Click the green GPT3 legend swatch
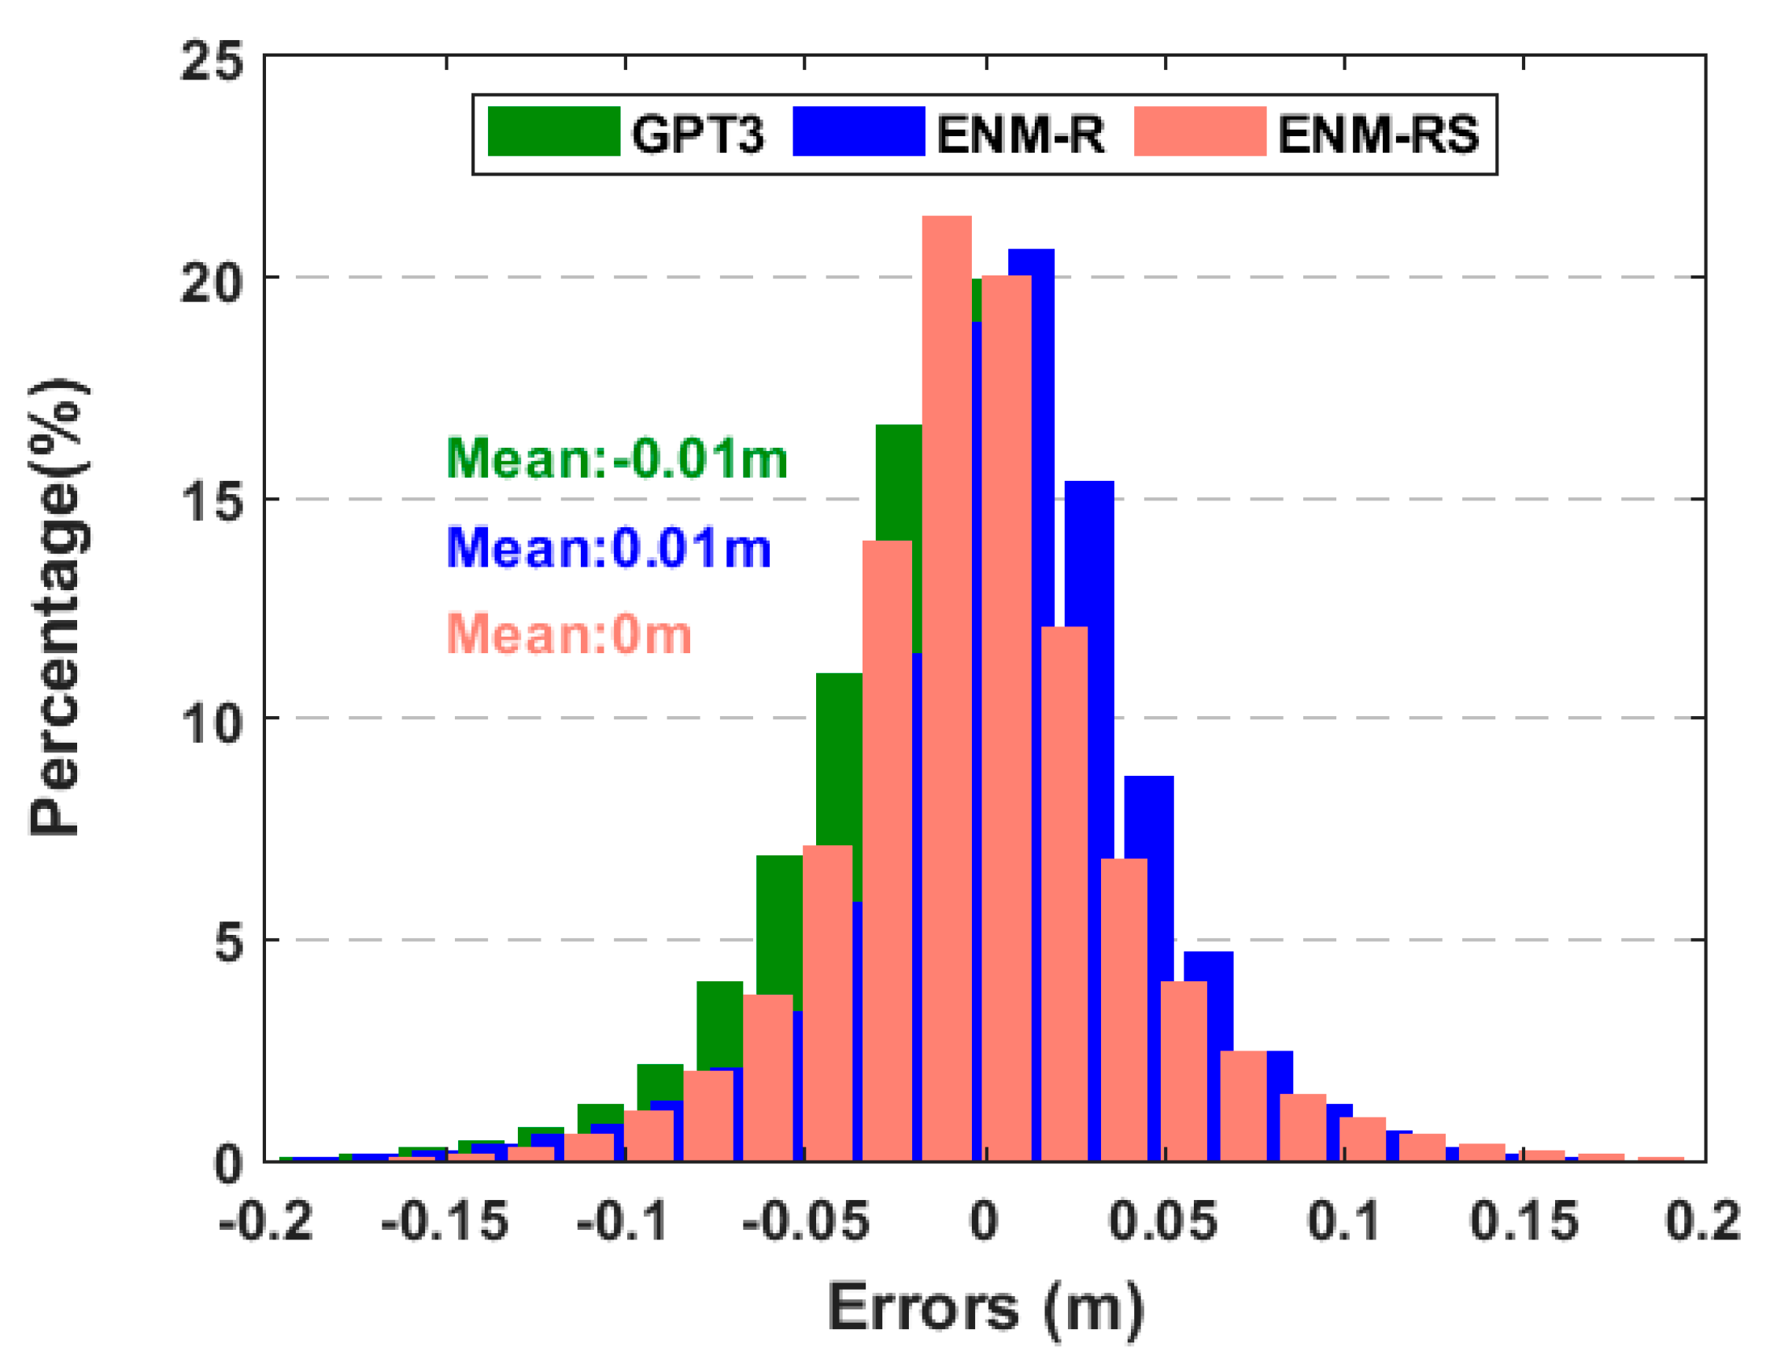pyautogui.click(x=553, y=131)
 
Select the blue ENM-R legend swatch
pyautogui.click(x=859, y=131)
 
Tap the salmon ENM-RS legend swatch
pyautogui.click(x=1199, y=131)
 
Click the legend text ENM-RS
pyautogui.click(x=1378, y=134)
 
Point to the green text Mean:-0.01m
pyautogui.click(x=616, y=459)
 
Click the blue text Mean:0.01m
pyautogui.click(x=608, y=548)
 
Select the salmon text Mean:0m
pyautogui.click(x=568, y=635)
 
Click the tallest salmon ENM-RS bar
pyautogui.click(x=947, y=642)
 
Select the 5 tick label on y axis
pyautogui.click(x=228, y=943)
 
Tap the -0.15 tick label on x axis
pyautogui.click(x=444, y=1222)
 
